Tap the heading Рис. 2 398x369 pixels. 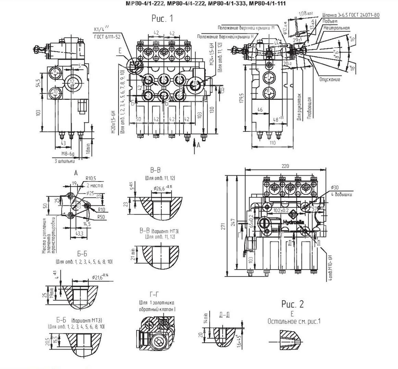click(x=293, y=304)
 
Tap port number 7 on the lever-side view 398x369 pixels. click(x=268, y=76)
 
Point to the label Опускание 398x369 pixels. click(x=330, y=79)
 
